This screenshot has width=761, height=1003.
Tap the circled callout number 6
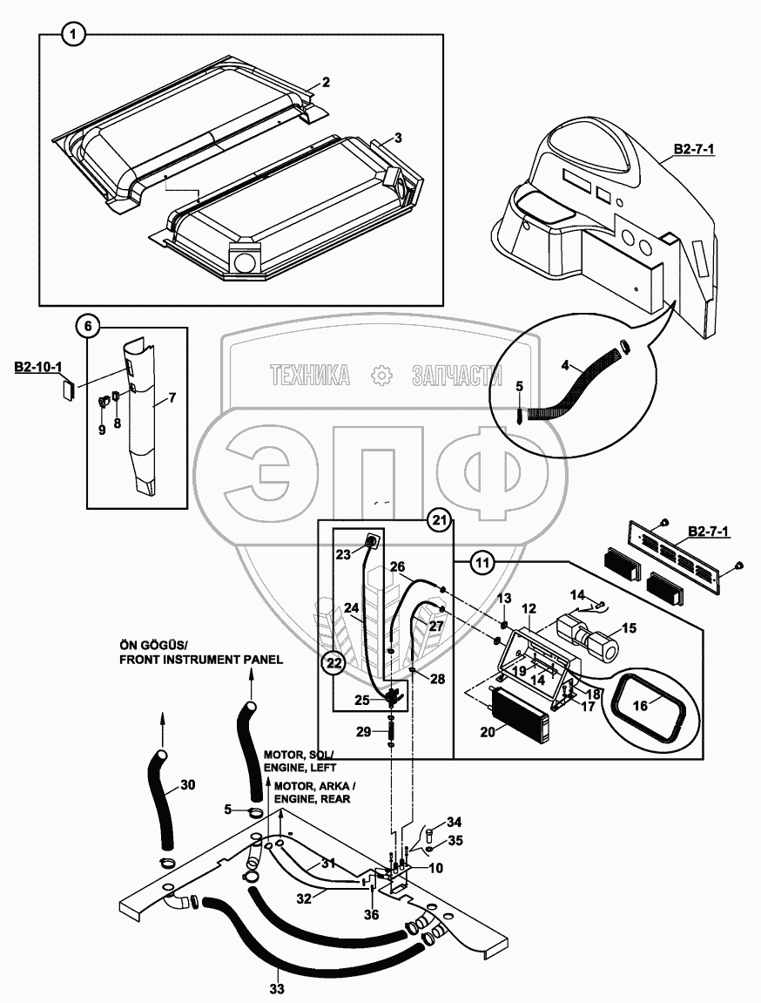click(88, 327)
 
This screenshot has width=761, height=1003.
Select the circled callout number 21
click(440, 521)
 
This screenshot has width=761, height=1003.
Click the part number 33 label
click(278, 989)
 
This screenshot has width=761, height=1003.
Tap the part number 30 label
click(187, 783)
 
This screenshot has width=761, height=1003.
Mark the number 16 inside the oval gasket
click(640, 706)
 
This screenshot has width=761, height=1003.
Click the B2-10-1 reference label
click(37, 369)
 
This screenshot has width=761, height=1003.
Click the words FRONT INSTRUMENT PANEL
click(200, 660)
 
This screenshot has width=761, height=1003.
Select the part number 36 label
click(371, 915)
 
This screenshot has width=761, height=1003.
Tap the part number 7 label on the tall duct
click(172, 398)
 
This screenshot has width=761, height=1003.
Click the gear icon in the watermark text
click(380, 376)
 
